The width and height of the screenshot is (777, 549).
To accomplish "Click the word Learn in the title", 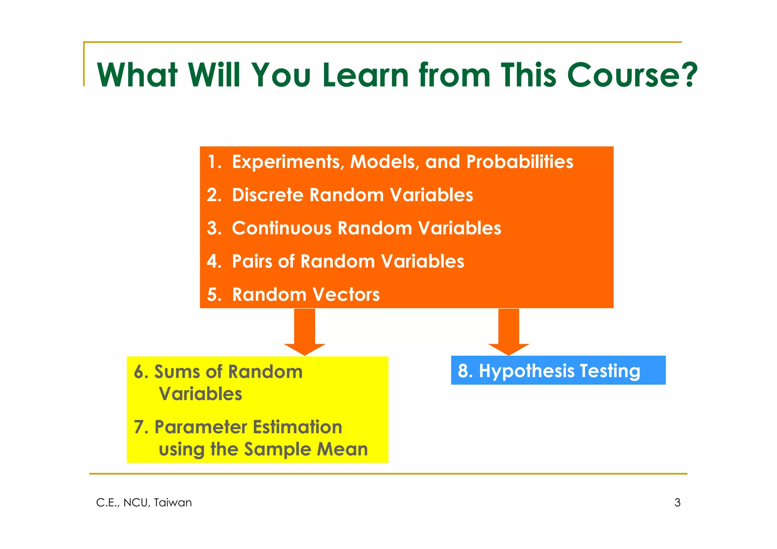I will tap(366, 75).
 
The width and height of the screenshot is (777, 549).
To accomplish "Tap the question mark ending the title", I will tap(687, 75).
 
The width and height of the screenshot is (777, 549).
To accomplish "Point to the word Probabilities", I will tap(519, 162).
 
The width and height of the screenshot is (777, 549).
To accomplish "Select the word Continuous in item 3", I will tap(282, 228).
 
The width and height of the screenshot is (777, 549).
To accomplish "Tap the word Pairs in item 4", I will tap(252, 262).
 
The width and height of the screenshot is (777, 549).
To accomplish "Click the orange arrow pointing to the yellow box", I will tap(305, 331).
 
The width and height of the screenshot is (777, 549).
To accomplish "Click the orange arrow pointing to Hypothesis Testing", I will tap(508, 331).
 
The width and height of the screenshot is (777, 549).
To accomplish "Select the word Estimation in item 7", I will tap(297, 427).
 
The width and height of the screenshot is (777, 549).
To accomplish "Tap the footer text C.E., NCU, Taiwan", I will tap(144, 503).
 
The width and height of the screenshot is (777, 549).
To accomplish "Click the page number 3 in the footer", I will tap(677, 503).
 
